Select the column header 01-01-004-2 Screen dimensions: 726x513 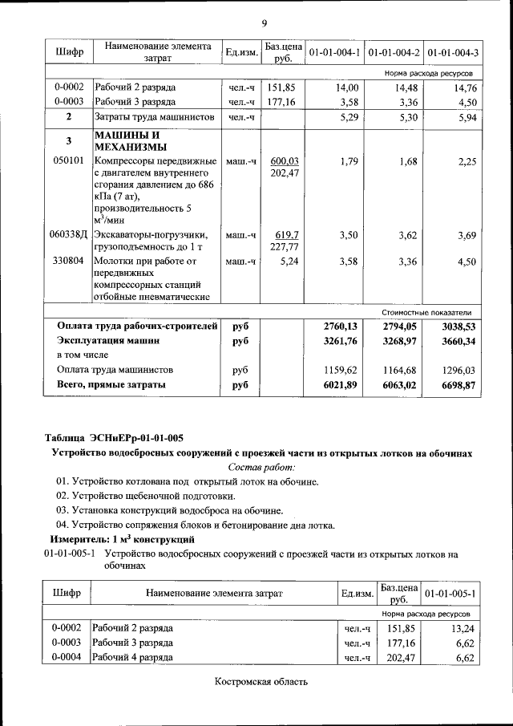pyautogui.click(x=393, y=53)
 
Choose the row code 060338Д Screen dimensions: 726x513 pyautogui.click(x=68, y=234)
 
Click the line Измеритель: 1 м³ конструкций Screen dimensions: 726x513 pyautogui.click(x=123, y=539)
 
